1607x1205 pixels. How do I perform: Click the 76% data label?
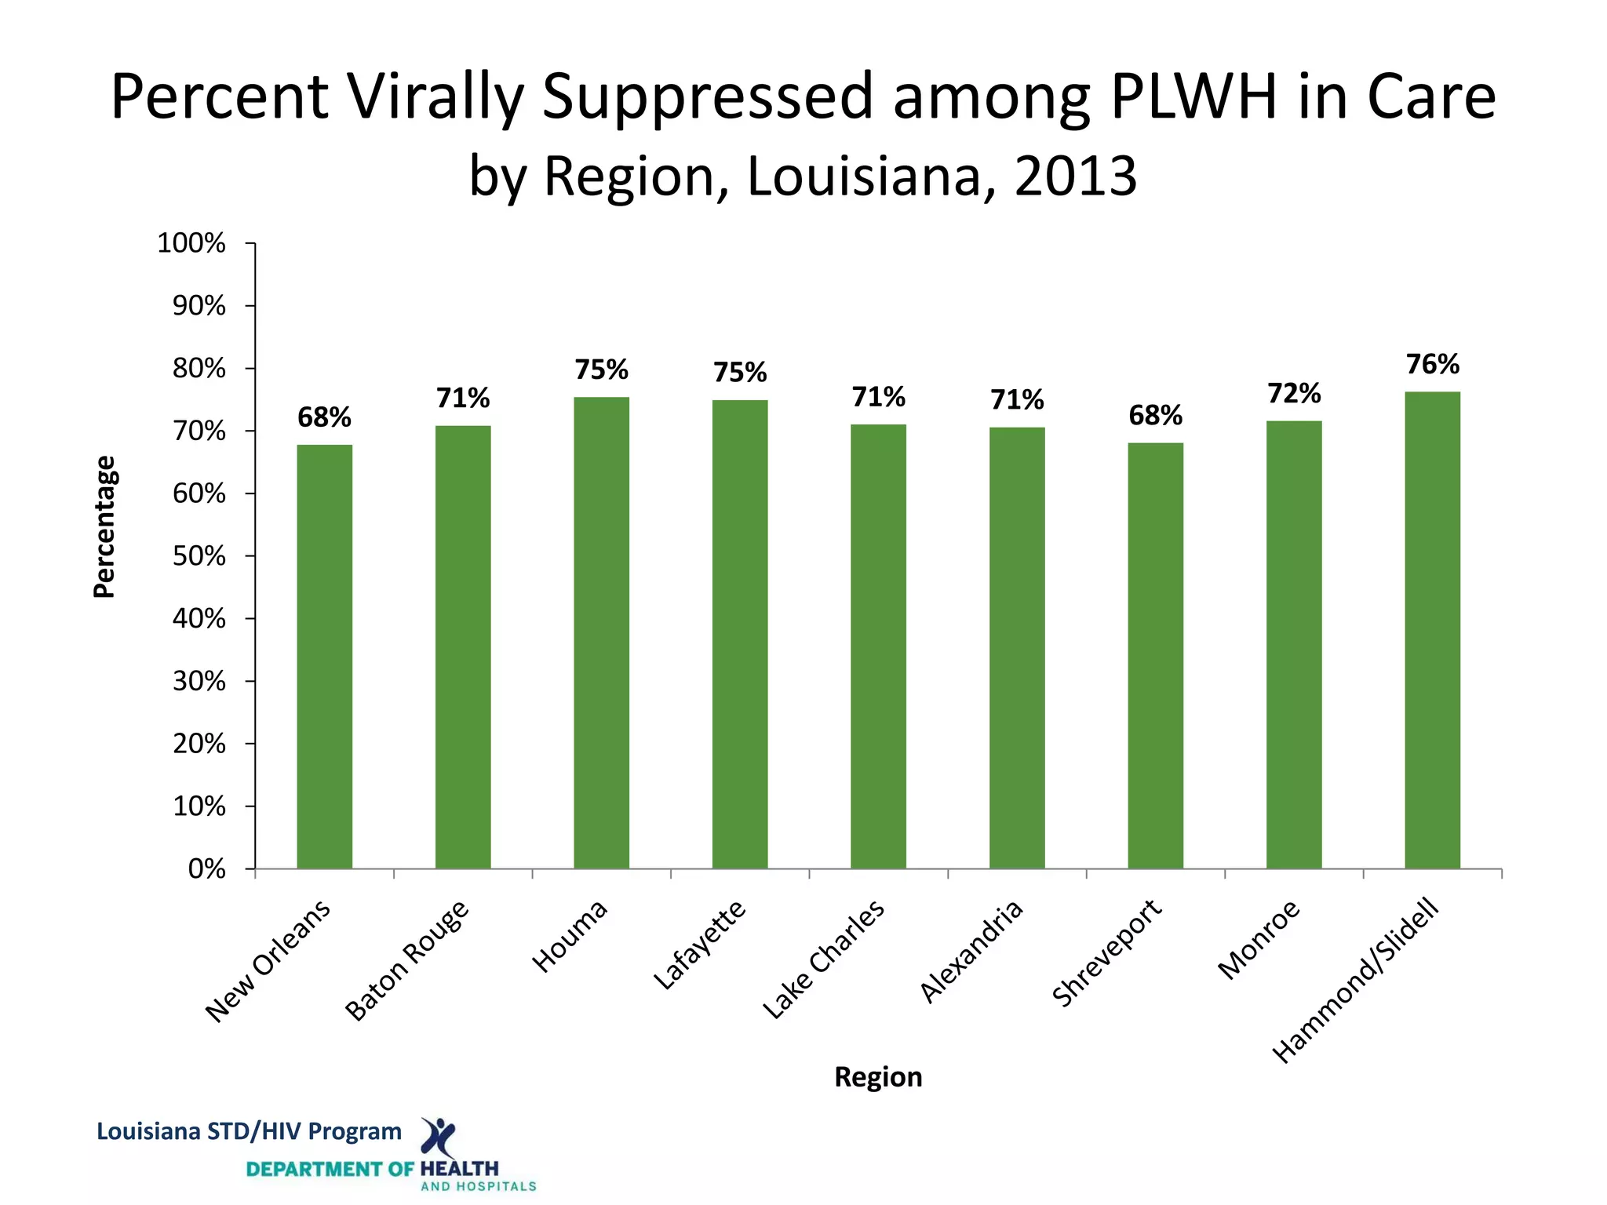pyautogui.click(x=1432, y=365)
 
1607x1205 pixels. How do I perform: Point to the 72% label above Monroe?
pyautogui.click(x=1294, y=393)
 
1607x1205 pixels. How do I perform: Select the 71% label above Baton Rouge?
pyautogui.click(x=463, y=399)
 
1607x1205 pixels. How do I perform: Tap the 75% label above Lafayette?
pyautogui.click(x=740, y=373)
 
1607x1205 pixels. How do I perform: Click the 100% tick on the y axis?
pyautogui.click(x=191, y=243)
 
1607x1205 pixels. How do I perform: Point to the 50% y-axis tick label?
pyautogui.click(x=199, y=556)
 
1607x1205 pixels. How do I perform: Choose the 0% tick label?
pyautogui.click(x=206, y=869)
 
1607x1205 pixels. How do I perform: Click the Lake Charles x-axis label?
pyautogui.click(x=823, y=959)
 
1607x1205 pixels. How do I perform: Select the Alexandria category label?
pyautogui.click(x=971, y=951)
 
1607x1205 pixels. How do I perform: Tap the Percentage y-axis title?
pyautogui.click(x=104, y=526)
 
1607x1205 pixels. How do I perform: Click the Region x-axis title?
pyautogui.click(x=878, y=1077)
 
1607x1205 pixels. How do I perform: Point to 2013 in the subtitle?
pyautogui.click(x=1075, y=176)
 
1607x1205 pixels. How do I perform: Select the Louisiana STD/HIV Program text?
pyautogui.click(x=249, y=1131)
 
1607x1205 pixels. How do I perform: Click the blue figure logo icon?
pyautogui.click(x=438, y=1138)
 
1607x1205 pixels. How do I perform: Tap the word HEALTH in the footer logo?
pyautogui.click(x=459, y=1169)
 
